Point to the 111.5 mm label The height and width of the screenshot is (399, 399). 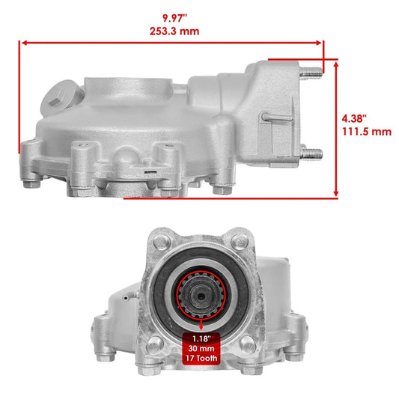pyautogui.click(x=368, y=131)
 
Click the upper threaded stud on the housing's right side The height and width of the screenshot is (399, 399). pyautogui.click(x=312, y=73)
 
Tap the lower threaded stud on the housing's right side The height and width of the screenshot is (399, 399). pyautogui.click(x=312, y=153)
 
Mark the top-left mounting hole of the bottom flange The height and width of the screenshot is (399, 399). pyautogui.click(x=160, y=243)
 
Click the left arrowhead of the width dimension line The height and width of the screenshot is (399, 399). pyautogui.click(x=20, y=44)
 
